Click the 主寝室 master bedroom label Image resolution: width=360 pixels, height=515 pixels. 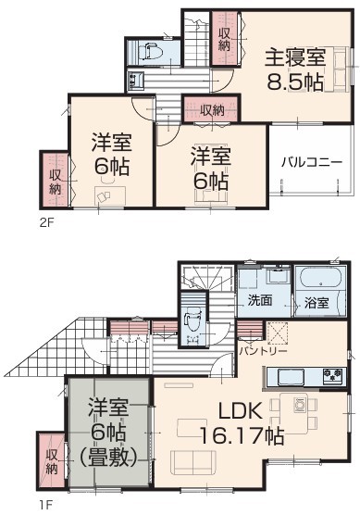295,57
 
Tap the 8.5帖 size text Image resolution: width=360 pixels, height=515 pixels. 295,82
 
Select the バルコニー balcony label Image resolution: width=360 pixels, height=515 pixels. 312,162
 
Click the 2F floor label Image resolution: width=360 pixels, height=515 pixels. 46,222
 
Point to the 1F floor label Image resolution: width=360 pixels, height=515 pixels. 45,505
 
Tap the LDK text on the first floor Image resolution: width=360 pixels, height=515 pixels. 240,410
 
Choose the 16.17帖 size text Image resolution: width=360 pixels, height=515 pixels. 241,435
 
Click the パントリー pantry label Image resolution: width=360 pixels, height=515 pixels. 263,351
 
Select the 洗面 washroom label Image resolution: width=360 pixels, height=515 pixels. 259,300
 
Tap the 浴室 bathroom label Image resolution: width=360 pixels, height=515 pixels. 317,303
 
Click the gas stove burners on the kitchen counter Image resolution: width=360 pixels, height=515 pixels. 332,376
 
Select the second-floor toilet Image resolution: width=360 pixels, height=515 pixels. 149,51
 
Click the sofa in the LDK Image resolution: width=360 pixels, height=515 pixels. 193,462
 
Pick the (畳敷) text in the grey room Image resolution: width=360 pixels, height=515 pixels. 107,458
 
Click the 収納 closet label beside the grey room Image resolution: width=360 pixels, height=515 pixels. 52,462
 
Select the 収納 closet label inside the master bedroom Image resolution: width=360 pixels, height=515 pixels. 224,39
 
